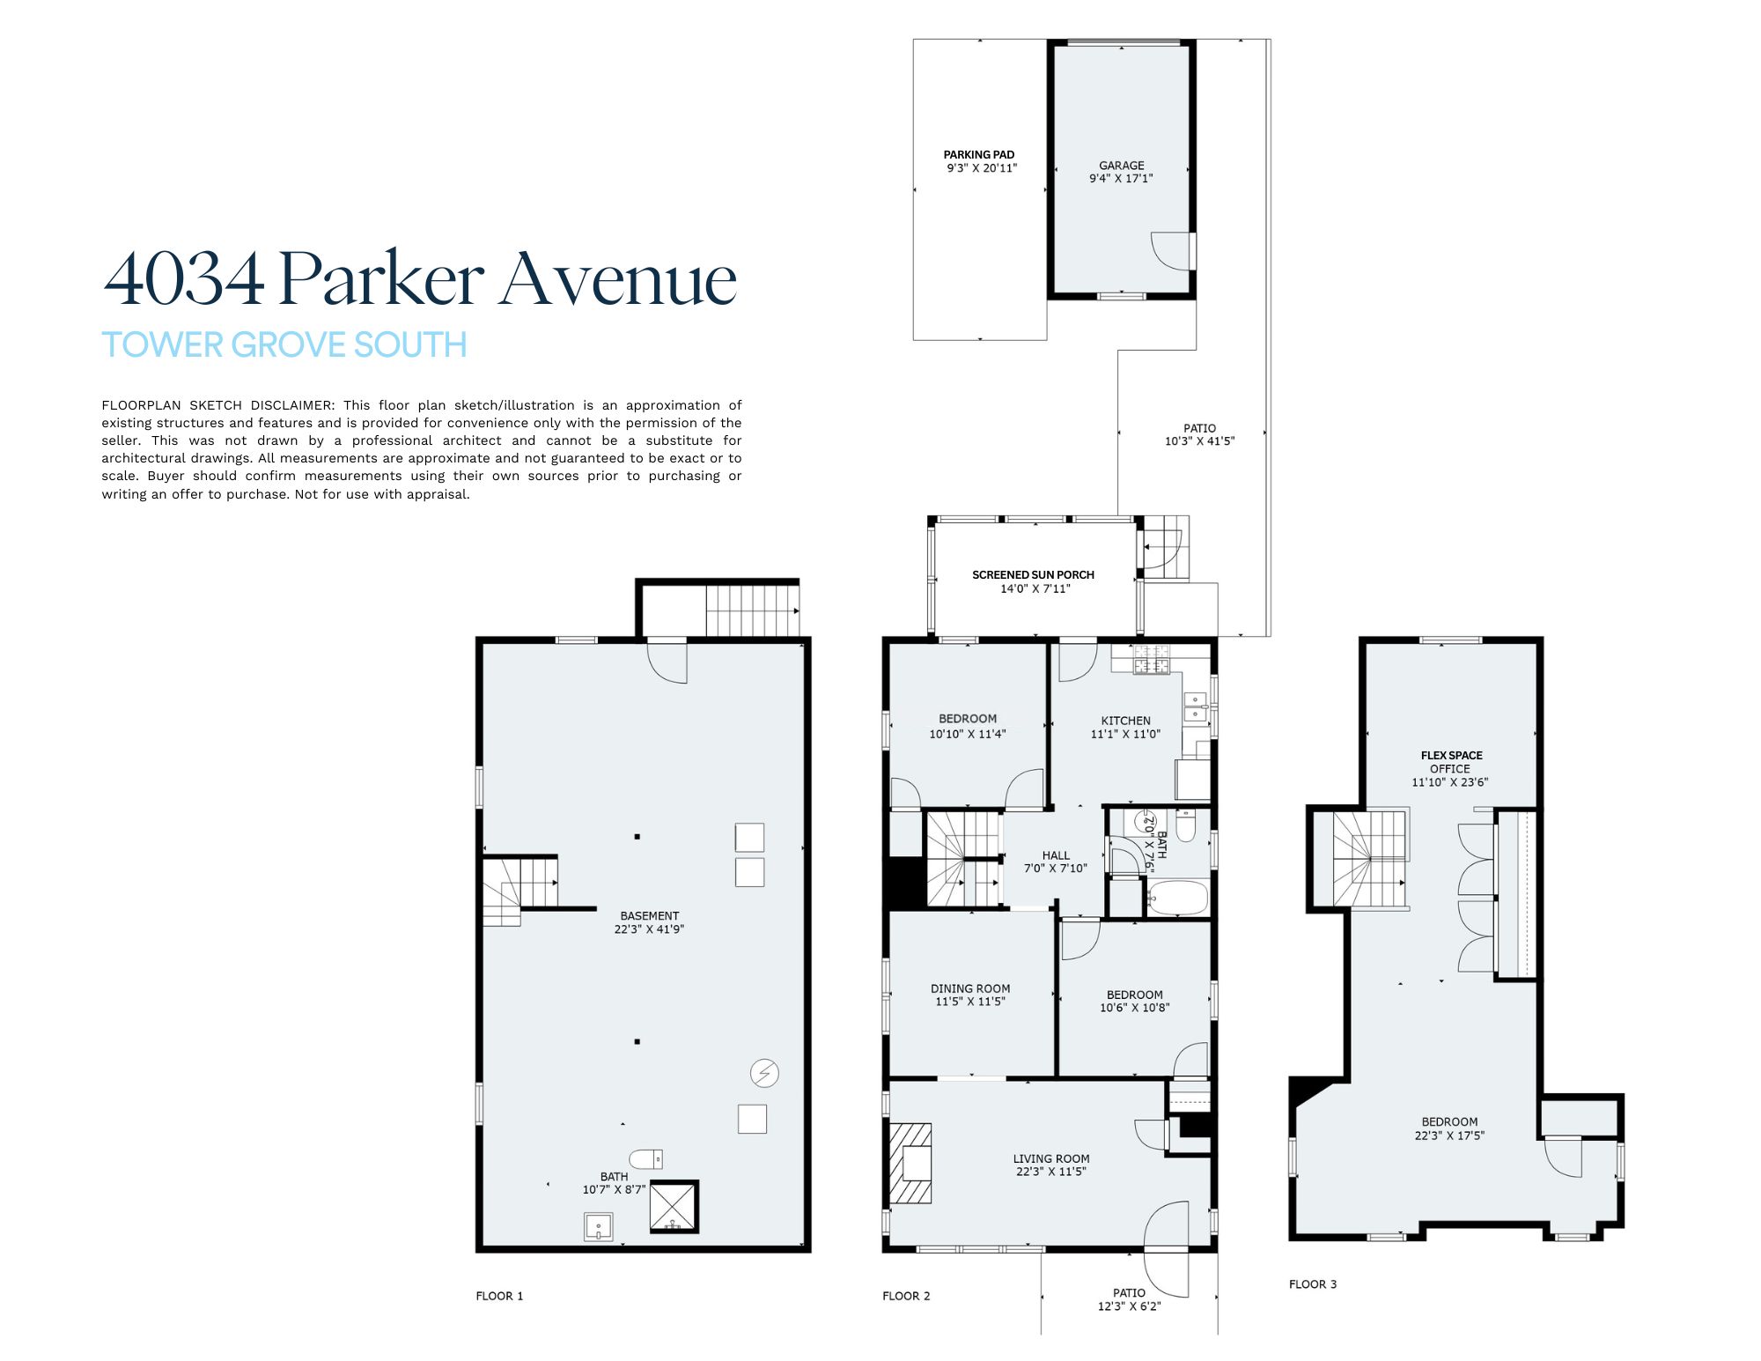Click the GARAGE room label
click(1121, 165)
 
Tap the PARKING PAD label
click(979, 154)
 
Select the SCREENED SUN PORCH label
click(1033, 574)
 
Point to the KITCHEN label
click(1125, 721)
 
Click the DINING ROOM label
click(970, 988)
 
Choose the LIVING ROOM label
click(1051, 1158)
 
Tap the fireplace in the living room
click(910, 1163)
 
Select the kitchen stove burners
click(1152, 659)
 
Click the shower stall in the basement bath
click(674, 1207)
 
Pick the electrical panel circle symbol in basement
click(764, 1073)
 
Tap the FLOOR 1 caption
click(499, 1296)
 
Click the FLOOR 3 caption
click(1313, 1284)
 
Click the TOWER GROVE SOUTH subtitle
click(284, 344)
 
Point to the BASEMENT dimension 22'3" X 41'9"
click(649, 928)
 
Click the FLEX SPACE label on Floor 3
click(1451, 755)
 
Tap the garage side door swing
click(1171, 251)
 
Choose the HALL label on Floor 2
click(1056, 855)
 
